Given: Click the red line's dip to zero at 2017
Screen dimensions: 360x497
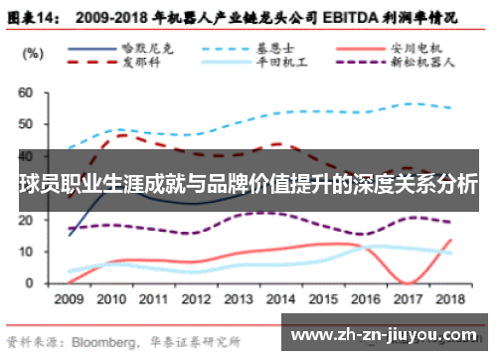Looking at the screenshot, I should [409, 282].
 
